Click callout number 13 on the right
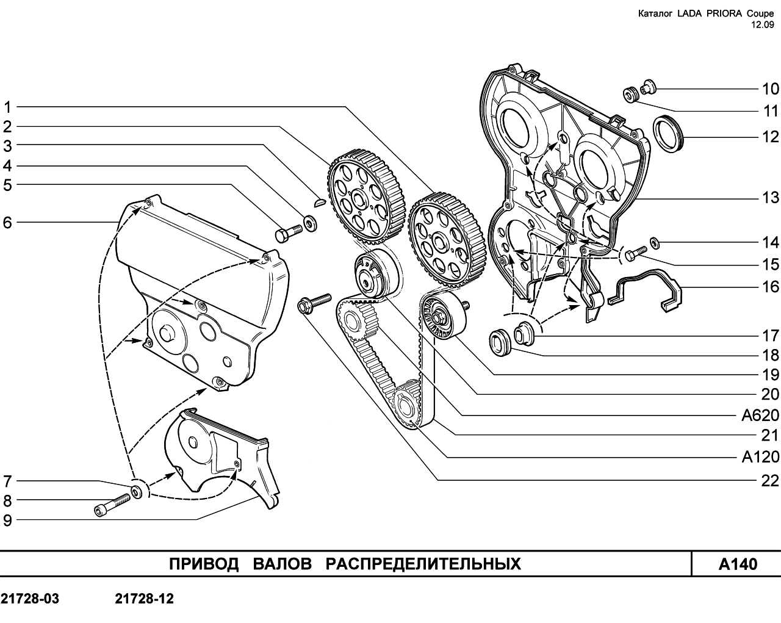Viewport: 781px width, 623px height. pos(770,198)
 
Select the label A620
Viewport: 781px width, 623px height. pos(760,416)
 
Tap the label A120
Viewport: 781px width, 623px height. pos(760,457)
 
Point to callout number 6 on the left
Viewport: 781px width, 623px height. pos(7,223)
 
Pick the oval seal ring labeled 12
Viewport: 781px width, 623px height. pos(669,134)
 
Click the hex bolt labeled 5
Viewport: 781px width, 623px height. pos(289,232)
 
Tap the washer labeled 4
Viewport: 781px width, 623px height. pos(310,223)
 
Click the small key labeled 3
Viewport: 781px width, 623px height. pos(320,201)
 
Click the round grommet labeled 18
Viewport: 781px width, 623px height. pos(500,342)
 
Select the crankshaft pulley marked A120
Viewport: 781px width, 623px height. pos(406,404)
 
